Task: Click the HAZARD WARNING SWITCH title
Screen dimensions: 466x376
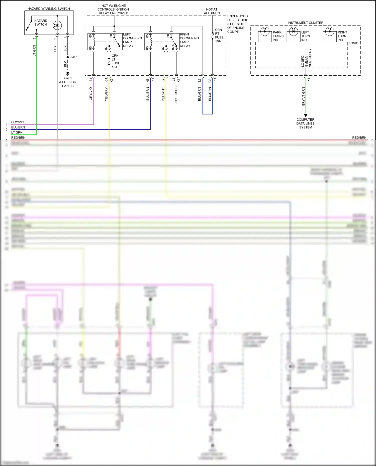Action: [x=49, y=9]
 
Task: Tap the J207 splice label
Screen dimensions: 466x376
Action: [x=73, y=57]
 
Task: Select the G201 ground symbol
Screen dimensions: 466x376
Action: [x=68, y=73]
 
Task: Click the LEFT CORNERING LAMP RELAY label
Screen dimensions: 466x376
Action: [x=132, y=40]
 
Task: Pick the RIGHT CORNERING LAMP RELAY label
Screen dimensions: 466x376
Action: [x=189, y=40]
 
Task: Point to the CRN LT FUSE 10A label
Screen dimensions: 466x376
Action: [x=116, y=61]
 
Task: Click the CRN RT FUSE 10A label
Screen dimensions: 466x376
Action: [x=219, y=36]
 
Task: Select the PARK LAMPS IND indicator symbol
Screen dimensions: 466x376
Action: [x=265, y=31]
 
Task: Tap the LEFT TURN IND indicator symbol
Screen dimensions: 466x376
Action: [x=293, y=31]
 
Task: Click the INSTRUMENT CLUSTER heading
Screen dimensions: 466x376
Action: [x=305, y=23]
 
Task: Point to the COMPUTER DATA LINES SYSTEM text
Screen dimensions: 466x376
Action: [x=305, y=123]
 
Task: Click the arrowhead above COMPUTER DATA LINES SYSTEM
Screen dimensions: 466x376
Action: [x=306, y=115]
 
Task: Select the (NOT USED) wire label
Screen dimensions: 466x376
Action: [x=176, y=94]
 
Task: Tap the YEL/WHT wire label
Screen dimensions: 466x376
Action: [x=163, y=94]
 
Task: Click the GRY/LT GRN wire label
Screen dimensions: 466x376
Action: [x=303, y=96]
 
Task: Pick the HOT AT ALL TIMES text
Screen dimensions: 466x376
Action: [x=212, y=11]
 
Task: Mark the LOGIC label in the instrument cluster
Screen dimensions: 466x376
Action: [x=353, y=43]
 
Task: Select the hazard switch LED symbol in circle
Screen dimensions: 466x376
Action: [x=57, y=25]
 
